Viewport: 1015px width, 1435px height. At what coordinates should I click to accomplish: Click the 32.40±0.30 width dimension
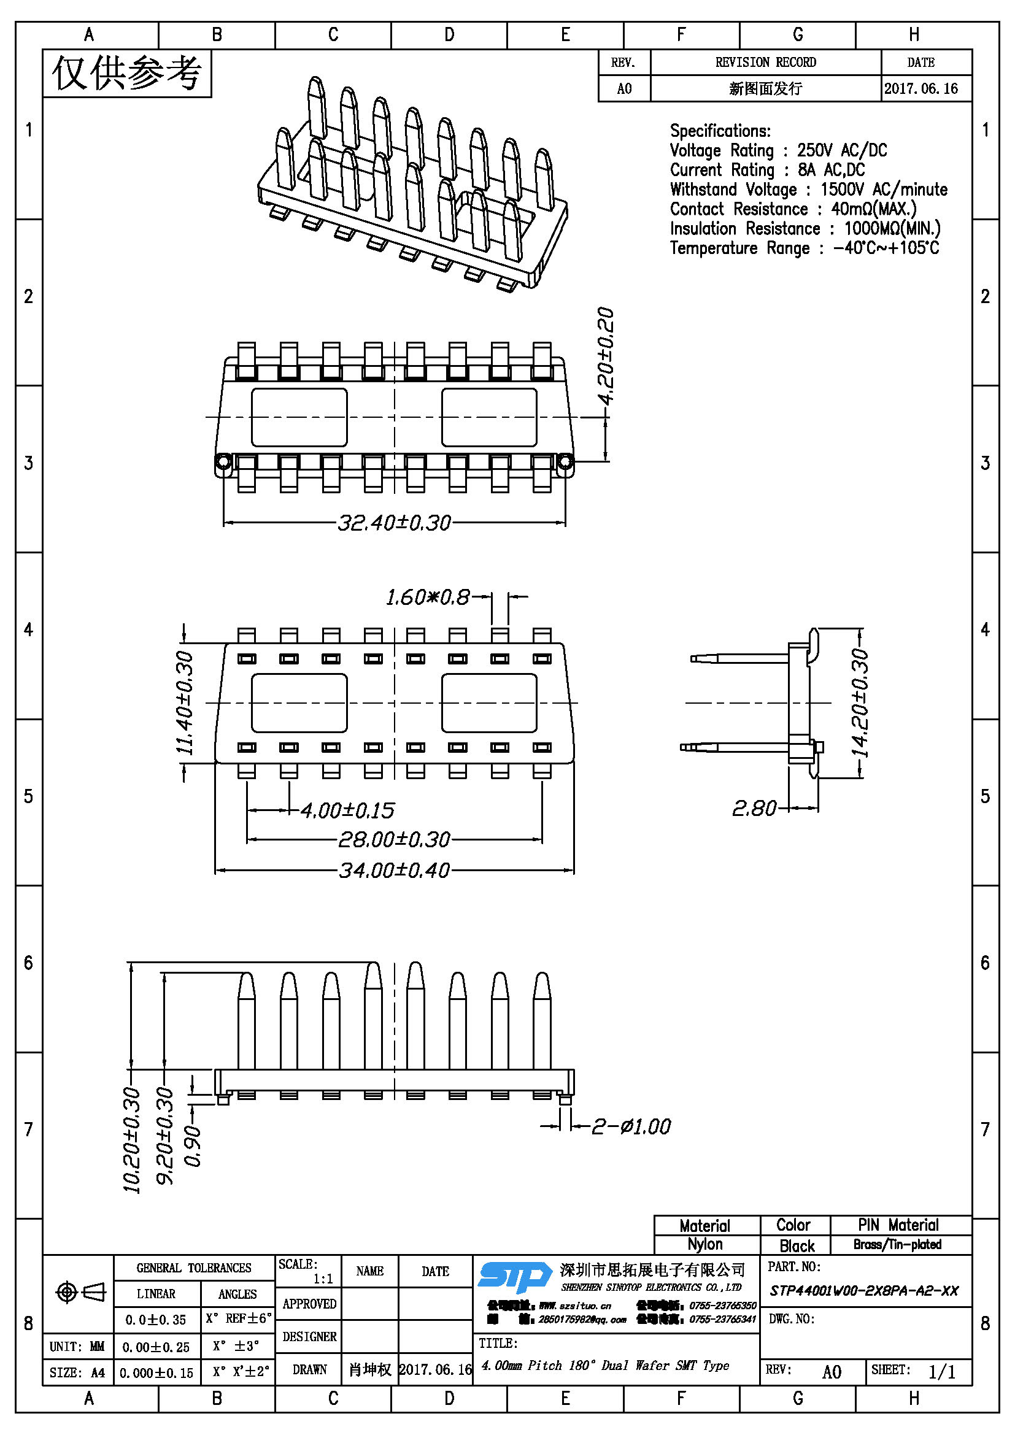[394, 523]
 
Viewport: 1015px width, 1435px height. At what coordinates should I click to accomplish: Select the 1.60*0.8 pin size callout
[428, 598]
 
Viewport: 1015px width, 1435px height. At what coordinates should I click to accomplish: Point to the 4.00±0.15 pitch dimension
[347, 810]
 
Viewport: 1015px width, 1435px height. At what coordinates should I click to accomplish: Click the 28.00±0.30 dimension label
[394, 839]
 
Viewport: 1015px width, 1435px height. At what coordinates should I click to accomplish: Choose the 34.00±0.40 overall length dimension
[394, 870]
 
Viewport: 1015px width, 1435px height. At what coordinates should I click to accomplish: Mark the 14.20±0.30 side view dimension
[860, 703]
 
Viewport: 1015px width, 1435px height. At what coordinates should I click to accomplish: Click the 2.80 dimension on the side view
[754, 808]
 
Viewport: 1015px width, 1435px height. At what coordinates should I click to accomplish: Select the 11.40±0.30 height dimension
[185, 702]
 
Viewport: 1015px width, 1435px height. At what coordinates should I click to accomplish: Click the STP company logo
[514, 1277]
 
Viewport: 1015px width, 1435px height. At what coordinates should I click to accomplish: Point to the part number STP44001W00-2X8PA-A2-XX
[864, 1291]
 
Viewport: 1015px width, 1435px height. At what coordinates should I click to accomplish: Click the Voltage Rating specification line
[778, 151]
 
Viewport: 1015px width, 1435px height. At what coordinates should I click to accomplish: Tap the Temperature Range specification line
[804, 248]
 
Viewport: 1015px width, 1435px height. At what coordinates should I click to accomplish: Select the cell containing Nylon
[705, 1244]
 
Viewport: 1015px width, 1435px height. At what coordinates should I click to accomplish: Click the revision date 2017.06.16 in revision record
[921, 89]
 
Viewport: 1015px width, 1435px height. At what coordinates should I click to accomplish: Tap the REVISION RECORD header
[766, 63]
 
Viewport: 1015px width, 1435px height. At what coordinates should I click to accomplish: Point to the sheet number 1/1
[941, 1372]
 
